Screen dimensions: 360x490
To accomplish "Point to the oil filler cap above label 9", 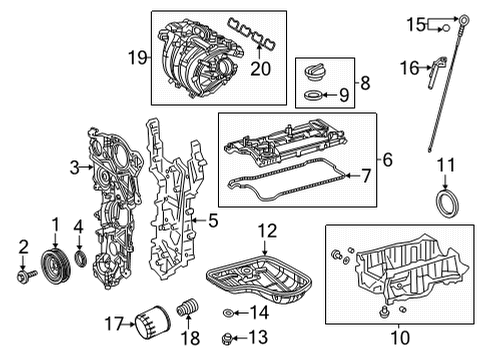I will pos(316,72).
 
